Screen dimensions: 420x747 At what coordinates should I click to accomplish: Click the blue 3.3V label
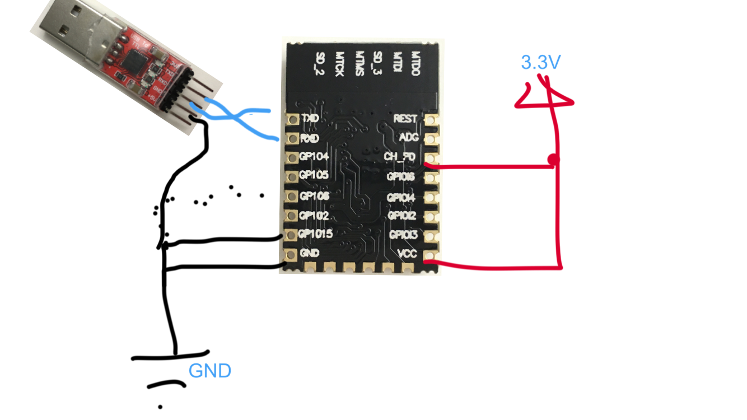(540, 62)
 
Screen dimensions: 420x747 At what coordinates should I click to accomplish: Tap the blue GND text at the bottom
(210, 371)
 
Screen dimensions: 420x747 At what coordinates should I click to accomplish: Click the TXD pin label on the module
(310, 119)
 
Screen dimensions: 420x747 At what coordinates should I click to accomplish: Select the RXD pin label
(310, 138)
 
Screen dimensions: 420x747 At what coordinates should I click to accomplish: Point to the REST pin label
(405, 119)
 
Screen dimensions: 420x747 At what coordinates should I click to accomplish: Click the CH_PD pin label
(399, 157)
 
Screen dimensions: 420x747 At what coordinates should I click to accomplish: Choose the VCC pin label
(407, 253)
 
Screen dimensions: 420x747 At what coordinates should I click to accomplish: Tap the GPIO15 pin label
(316, 234)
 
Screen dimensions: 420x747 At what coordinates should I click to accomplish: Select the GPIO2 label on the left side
(314, 215)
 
